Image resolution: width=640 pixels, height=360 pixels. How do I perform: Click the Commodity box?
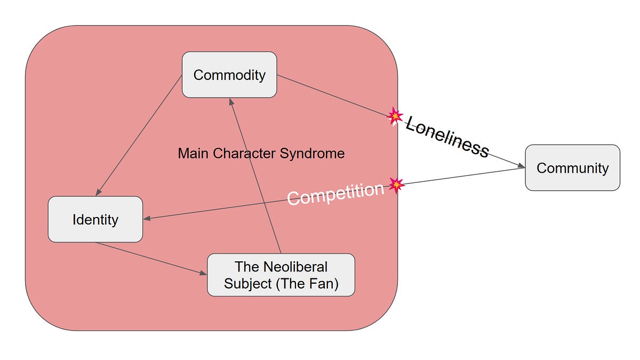(229, 75)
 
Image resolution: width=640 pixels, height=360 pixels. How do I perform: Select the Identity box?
(95, 219)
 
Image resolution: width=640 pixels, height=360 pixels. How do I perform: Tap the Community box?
(573, 167)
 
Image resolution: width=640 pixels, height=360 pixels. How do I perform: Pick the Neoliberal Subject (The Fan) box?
(281, 275)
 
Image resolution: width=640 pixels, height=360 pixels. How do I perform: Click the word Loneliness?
(447, 137)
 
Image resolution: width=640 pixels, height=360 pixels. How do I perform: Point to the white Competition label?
(335, 194)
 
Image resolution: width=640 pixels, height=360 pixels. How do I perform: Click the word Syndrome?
(313, 154)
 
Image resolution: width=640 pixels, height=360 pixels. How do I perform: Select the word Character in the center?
(245, 154)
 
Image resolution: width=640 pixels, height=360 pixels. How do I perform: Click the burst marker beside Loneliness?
(395, 116)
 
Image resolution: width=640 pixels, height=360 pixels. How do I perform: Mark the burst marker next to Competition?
(397, 185)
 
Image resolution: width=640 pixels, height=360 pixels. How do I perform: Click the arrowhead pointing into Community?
(522, 165)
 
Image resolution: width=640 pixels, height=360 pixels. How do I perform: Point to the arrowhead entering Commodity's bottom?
(231, 102)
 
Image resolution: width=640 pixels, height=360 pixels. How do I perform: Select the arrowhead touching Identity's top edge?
(98, 193)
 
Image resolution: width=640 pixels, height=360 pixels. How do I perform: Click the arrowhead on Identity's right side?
(147, 219)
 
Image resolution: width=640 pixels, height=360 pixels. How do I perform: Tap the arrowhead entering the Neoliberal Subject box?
(203, 273)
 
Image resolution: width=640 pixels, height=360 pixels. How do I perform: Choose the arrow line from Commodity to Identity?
(139, 135)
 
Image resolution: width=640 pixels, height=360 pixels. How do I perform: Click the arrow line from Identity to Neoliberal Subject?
(151, 258)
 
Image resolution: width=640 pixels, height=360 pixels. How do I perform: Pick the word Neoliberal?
(295, 267)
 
